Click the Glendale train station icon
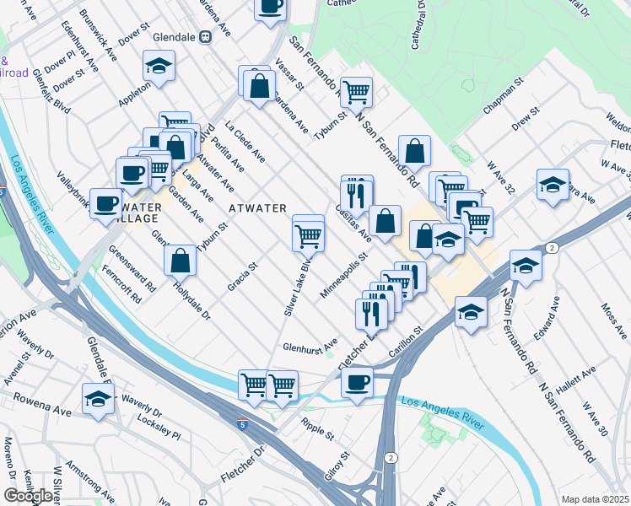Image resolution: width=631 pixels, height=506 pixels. click(x=204, y=37)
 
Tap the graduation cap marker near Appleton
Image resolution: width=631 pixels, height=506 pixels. click(x=158, y=66)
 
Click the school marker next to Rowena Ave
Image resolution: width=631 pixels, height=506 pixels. click(x=99, y=397)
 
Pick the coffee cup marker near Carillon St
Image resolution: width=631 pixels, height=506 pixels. click(x=357, y=381)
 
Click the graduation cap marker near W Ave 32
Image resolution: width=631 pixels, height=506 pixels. click(x=552, y=185)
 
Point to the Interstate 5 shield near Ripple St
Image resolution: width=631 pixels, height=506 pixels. click(x=243, y=419)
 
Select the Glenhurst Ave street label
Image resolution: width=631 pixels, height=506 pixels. click(x=310, y=345)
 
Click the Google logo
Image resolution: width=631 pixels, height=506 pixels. click(x=29, y=496)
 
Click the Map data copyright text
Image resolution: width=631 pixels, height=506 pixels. click(x=596, y=499)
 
